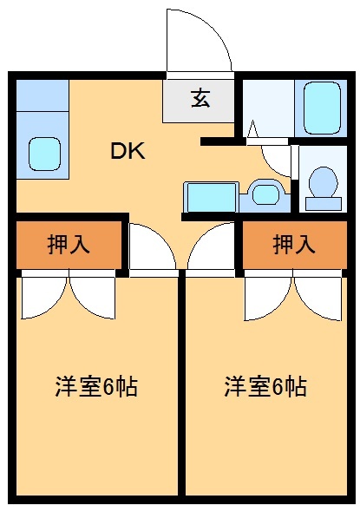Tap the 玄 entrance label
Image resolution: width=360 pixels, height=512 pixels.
pyautogui.click(x=200, y=99)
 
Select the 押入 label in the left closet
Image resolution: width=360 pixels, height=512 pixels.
pyautogui.click(x=68, y=245)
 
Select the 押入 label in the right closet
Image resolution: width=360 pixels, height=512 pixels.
pyautogui.click(x=293, y=245)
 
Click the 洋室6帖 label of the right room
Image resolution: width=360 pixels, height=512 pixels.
pyautogui.click(x=265, y=387)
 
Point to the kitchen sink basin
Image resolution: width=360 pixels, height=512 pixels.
pyautogui.click(x=43, y=153)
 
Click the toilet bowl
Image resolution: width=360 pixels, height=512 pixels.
pyautogui.click(x=324, y=182)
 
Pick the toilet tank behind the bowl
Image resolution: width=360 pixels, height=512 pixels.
pyautogui.click(x=324, y=203)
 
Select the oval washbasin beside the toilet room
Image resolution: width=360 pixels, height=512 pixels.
pyautogui.click(x=264, y=194)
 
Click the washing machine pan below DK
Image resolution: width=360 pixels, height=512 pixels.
pyautogui.click(x=211, y=197)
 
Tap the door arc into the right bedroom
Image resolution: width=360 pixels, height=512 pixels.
pyautogui.click(x=210, y=249)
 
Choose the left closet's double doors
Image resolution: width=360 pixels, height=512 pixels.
pyautogui.click(x=68, y=295)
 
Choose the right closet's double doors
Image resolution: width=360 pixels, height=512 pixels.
pyautogui.click(x=293, y=295)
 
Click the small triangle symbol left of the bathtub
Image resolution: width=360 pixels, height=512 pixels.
pyautogui.click(x=252, y=130)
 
